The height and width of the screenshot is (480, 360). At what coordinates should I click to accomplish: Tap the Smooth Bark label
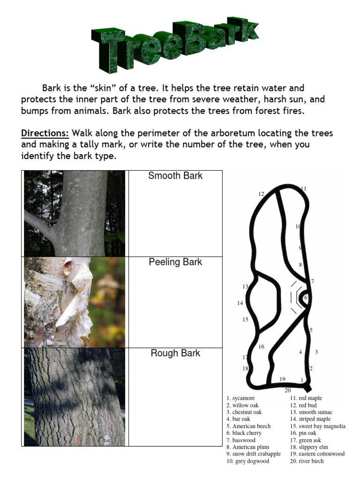175,176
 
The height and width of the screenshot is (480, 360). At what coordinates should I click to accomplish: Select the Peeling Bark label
175,262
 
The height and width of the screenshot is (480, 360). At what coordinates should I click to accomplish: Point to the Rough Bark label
175,353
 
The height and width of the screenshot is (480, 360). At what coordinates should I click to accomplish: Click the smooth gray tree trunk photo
75,213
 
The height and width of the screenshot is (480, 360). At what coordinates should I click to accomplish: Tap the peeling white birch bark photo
75,302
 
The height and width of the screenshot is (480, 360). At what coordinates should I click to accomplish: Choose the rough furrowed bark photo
75,397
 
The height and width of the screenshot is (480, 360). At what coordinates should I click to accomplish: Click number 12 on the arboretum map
261,194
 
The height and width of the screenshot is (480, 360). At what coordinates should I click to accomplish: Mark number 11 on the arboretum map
303,188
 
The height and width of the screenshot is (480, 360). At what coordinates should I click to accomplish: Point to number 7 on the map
312,281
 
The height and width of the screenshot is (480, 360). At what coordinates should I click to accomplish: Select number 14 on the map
240,303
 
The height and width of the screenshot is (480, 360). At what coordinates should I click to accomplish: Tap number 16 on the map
261,347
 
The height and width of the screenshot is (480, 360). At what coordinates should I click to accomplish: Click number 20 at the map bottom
287,390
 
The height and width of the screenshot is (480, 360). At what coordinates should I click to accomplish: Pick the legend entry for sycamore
240,398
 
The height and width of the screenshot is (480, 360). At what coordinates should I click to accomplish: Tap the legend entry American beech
248,426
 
